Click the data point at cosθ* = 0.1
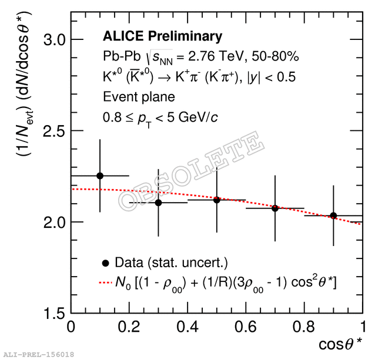tap(100, 176)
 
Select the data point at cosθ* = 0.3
tap(158, 203)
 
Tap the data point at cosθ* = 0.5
tap(216, 200)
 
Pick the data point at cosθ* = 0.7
tap(274, 208)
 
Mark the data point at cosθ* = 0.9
tap(333, 216)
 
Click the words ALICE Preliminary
tap(162, 36)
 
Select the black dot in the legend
tap(106, 263)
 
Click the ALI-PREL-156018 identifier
tap(39, 354)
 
